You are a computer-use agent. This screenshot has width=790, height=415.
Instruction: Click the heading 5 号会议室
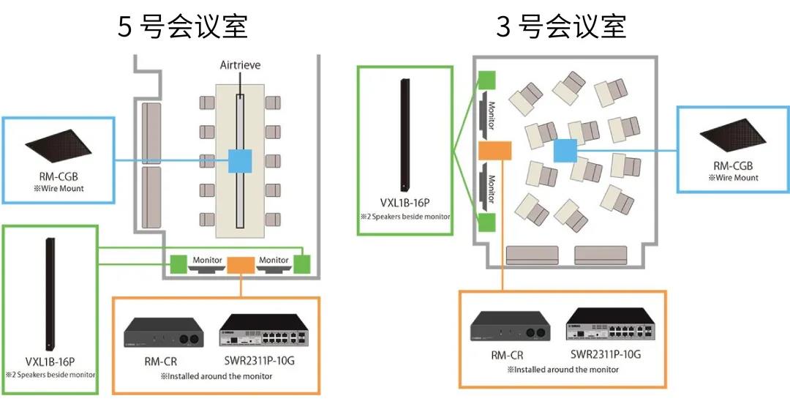[x=182, y=27]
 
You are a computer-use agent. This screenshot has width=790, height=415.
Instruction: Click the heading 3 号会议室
[x=561, y=27]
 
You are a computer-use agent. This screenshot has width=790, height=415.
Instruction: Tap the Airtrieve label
[x=241, y=65]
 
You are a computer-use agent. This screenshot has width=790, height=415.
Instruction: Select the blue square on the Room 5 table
[x=241, y=161]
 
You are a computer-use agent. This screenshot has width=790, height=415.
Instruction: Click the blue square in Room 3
[x=565, y=151]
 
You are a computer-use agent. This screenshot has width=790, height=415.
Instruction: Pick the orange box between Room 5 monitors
[x=241, y=265]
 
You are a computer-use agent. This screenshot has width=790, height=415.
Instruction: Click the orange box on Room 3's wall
[x=494, y=151]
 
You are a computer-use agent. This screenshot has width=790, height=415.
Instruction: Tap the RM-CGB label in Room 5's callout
[x=59, y=176]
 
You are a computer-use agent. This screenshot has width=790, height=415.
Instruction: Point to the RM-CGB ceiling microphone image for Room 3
[x=733, y=135]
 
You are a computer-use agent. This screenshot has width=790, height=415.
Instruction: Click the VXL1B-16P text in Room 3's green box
[x=405, y=203]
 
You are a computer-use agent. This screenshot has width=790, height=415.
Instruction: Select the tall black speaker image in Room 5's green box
[x=50, y=294]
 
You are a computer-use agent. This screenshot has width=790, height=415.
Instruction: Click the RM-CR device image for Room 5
[x=164, y=332]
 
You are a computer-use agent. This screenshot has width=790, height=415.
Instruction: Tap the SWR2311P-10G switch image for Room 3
[x=610, y=324]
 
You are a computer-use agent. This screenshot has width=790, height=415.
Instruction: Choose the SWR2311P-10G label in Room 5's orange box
[x=260, y=361]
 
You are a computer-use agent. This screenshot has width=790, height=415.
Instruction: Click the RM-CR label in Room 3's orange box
[x=508, y=356]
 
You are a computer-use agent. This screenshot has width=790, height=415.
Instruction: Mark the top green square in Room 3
[x=486, y=81]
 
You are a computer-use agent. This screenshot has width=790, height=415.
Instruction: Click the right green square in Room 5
[x=302, y=264]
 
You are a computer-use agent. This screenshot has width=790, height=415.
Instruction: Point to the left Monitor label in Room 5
[x=207, y=260]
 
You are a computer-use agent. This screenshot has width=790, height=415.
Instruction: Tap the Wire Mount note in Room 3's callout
[x=733, y=178]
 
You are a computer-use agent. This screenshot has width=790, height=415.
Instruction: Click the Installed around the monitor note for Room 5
[x=216, y=376]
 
